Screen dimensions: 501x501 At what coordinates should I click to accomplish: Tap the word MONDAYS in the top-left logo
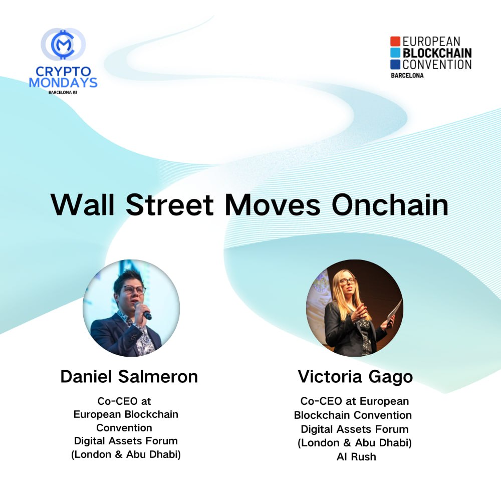[63, 82]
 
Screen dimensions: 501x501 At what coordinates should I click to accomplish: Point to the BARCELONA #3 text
[63, 93]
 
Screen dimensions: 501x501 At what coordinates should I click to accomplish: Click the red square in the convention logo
[395, 41]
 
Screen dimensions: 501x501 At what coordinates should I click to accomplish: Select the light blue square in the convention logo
[395, 53]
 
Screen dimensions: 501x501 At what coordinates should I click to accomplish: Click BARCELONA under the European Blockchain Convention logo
[407, 76]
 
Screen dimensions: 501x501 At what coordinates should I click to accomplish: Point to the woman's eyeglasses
[347, 281]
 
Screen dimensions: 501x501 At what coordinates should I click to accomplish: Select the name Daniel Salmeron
[129, 377]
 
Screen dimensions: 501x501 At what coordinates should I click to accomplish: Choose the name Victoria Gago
[355, 376]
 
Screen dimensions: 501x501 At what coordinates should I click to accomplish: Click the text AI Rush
[356, 456]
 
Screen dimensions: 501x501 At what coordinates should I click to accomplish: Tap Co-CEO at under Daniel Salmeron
[124, 401]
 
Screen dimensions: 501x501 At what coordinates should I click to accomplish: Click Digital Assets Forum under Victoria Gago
[355, 429]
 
